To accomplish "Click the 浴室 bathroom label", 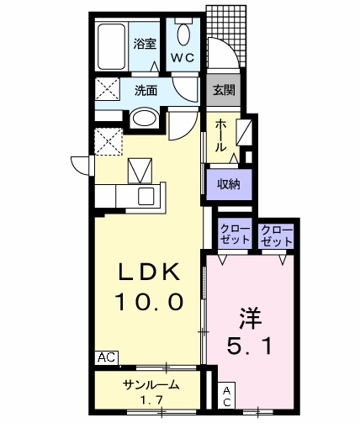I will [x=145, y=45].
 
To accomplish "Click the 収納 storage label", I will [x=229, y=184].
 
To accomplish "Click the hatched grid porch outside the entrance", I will [x=227, y=29].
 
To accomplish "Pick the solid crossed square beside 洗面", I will [x=107, y=88].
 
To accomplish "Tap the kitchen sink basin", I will [x=146, y=196].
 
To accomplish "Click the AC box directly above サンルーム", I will [x=105, y=357].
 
